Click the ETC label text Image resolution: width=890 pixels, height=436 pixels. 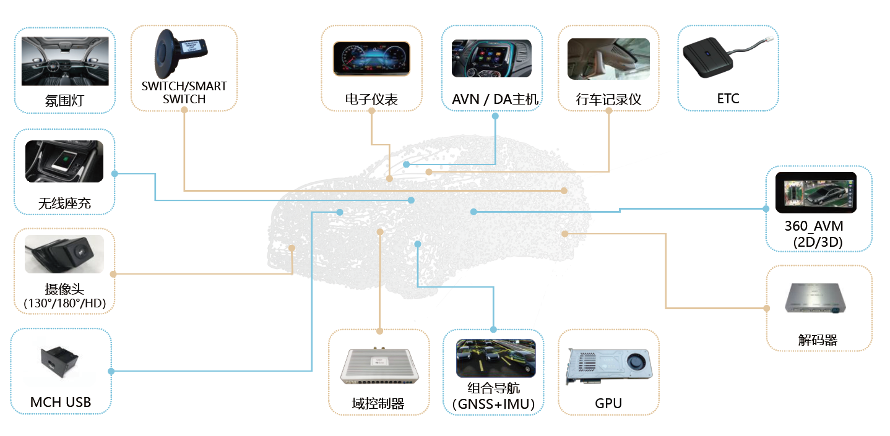click(728, 99)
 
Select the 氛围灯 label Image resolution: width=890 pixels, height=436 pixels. click(64, 101)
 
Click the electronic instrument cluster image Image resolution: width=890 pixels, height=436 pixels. click(371, 59)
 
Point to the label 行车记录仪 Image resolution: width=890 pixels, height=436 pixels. click(608, 100)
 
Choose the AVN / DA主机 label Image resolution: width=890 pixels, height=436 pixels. click(495, 100)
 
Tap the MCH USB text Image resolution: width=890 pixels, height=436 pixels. click(61, 403)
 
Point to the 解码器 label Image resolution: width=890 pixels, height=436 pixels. click(818, 340)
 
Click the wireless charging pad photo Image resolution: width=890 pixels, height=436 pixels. click(64, 161)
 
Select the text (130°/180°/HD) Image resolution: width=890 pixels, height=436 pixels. click(64, 303)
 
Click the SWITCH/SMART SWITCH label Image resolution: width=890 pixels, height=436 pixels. click(184, 93)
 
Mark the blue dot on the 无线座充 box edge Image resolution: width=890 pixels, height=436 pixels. click(114, 174)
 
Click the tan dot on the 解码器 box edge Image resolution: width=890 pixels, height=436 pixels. click(767, 308)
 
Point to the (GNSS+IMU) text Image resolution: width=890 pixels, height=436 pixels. click(493, 404)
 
